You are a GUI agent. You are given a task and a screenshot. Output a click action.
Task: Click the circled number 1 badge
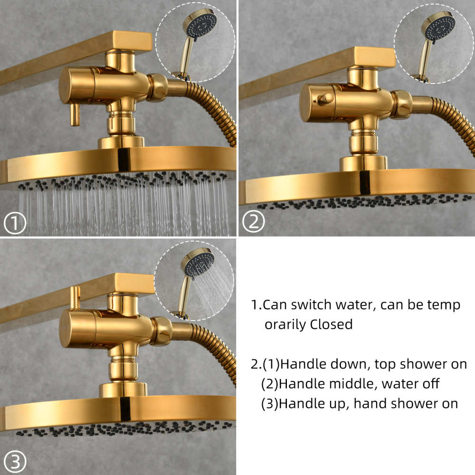16,223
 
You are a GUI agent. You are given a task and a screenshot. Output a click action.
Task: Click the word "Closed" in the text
331,324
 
